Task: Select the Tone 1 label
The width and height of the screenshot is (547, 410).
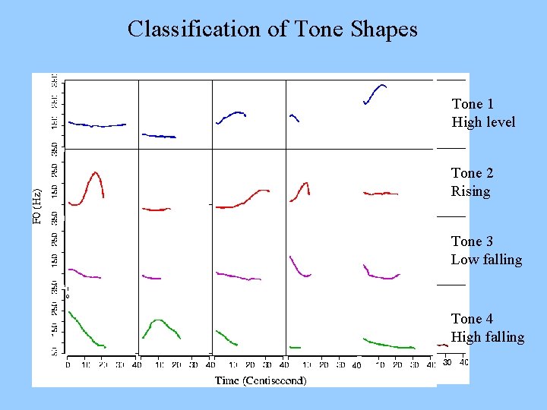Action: tap(473, 104)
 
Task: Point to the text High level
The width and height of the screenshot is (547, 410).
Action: tap(483, 122)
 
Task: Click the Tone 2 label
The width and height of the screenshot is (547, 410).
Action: tap(473, 174)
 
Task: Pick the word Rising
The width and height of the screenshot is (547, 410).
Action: tap(470, 191)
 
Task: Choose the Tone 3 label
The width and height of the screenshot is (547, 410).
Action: tap(473, 241)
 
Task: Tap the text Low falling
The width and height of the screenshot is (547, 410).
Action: tap(486, 260)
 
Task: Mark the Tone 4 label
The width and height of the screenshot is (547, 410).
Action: tap(473, 319)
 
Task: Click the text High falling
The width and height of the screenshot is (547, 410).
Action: tap(488, 337)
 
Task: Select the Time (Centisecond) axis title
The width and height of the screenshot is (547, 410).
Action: tap(261, 380)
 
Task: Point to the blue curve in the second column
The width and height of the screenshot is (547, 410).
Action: tap(159, 136)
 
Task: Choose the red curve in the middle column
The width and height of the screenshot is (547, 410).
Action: tap(243, 200)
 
